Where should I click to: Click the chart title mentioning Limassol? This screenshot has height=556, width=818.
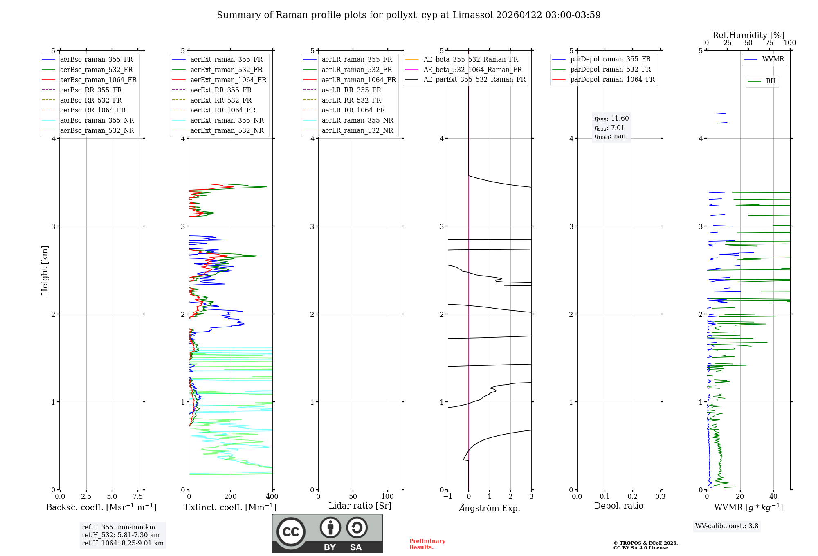409,15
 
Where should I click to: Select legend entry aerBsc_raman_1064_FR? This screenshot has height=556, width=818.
98,80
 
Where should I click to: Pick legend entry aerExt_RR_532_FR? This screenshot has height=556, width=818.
221,100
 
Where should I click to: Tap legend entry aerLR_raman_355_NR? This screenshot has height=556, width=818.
357,120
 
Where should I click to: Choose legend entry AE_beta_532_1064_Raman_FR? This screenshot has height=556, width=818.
472,69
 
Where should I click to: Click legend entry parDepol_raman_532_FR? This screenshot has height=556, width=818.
610,69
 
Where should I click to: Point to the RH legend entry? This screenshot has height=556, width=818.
771,81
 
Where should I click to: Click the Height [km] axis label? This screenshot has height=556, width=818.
45,270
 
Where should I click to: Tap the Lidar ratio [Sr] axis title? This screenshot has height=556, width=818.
360,506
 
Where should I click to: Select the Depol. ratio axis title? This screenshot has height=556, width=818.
618,506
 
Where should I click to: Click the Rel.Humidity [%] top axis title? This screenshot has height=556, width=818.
748,35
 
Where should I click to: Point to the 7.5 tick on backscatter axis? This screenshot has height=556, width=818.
138,497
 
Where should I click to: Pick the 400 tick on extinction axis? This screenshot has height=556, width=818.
272,497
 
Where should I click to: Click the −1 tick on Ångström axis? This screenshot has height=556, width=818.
448,497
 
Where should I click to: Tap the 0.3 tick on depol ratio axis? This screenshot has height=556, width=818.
660,497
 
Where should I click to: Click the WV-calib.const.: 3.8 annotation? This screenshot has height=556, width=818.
727,526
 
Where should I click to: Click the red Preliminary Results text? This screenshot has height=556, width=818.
427,544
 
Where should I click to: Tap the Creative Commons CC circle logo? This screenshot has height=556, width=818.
291,531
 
